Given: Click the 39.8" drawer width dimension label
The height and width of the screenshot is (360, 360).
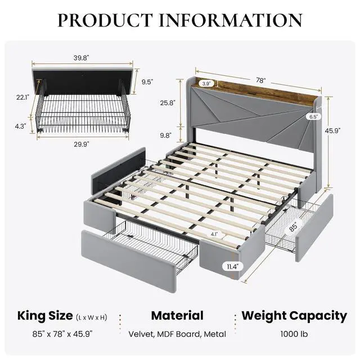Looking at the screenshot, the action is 81,58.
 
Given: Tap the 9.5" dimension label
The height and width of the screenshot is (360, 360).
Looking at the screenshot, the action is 147,82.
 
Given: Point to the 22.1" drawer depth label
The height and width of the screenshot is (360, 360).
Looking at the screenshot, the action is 22,97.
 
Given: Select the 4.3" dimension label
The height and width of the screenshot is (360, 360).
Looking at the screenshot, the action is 20,126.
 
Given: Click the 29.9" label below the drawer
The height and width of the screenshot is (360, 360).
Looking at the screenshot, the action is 81,144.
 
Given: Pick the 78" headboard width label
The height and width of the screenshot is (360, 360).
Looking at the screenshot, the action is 261,80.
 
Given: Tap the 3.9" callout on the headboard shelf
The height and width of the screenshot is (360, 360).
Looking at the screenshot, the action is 206,84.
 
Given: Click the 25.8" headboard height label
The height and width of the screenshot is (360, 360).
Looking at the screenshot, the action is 168,103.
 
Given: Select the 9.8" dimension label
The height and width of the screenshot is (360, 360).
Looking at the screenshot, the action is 166,136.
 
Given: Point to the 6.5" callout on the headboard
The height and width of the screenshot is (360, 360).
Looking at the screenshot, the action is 313,116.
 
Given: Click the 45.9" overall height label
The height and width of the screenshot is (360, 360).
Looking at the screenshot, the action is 332,130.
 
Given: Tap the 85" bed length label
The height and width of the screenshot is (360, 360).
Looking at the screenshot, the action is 293,227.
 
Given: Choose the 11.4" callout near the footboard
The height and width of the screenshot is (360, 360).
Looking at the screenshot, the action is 232,267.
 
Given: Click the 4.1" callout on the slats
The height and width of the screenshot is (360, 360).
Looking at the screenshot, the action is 214,235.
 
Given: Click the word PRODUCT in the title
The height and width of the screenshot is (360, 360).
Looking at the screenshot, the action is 105,20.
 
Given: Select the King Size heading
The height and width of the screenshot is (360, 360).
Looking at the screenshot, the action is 45,316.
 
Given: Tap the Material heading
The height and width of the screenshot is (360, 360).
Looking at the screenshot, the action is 177,316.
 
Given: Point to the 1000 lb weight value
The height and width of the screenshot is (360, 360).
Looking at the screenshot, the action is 294,334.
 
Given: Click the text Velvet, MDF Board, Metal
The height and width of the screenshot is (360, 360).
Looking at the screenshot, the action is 177,334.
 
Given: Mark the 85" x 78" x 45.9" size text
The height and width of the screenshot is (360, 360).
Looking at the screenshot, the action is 62,334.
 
